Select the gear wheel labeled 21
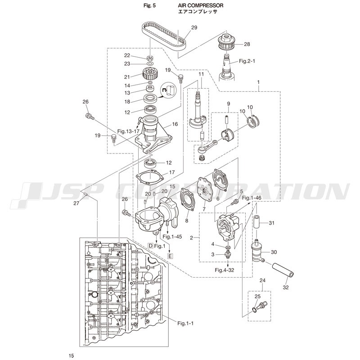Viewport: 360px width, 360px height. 149,73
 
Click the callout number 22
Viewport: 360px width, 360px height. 127,55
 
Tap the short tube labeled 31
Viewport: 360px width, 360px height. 256,221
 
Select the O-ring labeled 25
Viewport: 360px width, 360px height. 254,310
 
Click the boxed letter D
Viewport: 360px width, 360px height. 151,246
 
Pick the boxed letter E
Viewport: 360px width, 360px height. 170,256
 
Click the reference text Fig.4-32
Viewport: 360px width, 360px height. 224,270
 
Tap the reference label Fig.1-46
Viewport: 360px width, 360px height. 252,198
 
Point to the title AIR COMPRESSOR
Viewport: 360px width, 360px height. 201,5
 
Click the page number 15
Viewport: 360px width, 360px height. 71,355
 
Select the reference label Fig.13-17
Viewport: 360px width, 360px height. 128,131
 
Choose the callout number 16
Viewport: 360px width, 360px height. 175,124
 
